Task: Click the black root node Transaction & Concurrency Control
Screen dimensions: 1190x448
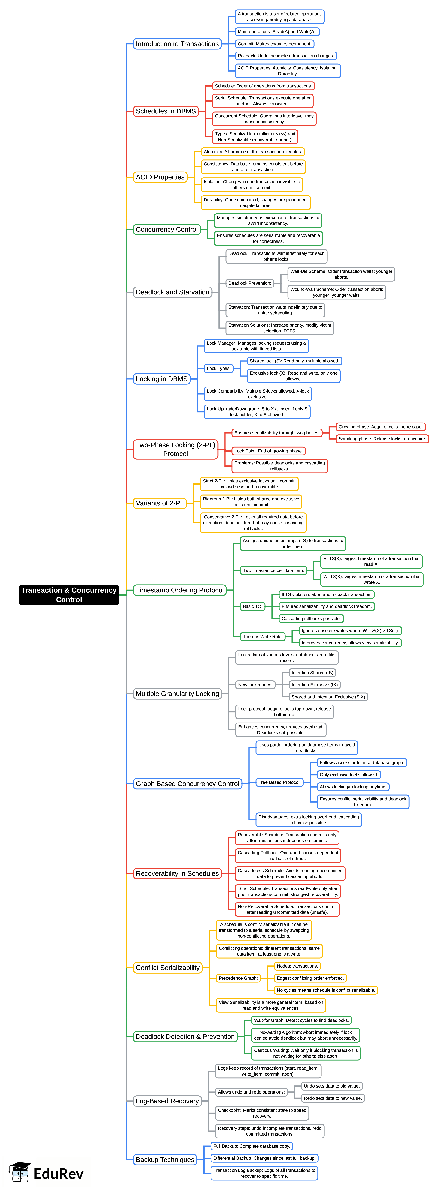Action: pos(69,595)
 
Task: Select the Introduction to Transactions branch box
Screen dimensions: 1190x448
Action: pos(177,44)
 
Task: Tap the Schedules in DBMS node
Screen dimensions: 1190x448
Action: pos(166,111)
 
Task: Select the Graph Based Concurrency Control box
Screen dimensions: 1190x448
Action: pos(187,783)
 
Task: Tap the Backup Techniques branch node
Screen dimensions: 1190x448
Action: pos(165,1159)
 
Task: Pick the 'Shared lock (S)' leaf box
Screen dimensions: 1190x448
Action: pos(294,361)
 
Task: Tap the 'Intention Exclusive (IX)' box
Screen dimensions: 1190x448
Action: pos(314,685)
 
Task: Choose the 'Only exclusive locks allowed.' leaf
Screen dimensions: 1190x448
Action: pos(349,775)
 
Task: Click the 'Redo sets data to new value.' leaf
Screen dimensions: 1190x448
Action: pos(332,1098)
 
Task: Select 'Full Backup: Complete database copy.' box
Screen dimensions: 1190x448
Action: pos(252,1146)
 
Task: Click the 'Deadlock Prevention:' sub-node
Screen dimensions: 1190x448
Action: pos(250,283)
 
